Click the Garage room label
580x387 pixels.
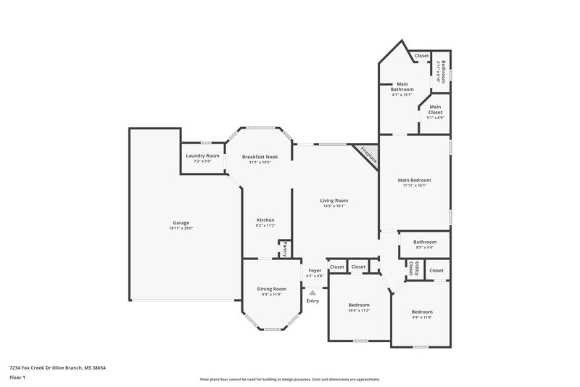coord(181,223)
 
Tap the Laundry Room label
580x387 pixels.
coord(202,155)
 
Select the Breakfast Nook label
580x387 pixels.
coord(260,157)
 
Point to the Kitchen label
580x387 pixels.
coord(265,220)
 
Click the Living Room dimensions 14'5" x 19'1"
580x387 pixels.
coord(335,206)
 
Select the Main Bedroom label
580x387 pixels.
coord(414,179)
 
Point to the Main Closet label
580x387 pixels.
coord(435,109)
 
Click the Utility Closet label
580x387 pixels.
coord(412,269)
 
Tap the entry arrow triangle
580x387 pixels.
coord(313,293)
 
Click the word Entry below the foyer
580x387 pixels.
coord(312,301)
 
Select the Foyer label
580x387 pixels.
coord(315,271)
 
